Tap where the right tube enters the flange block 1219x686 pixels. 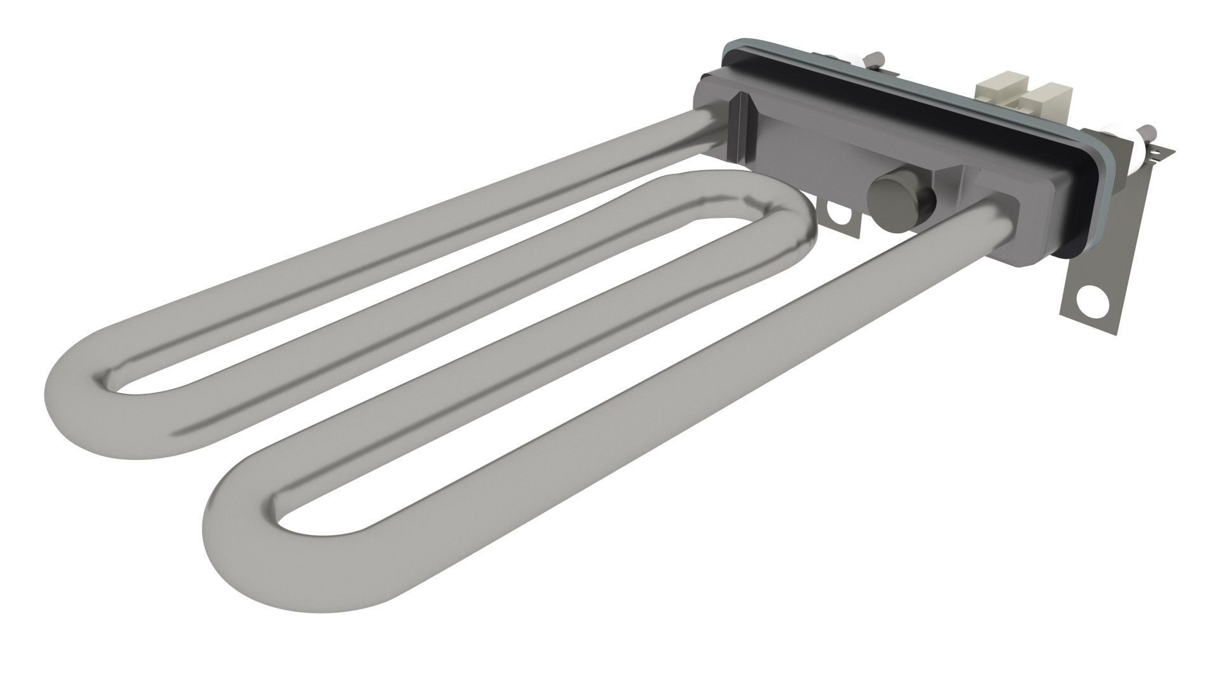click(x=1000, y=206)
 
